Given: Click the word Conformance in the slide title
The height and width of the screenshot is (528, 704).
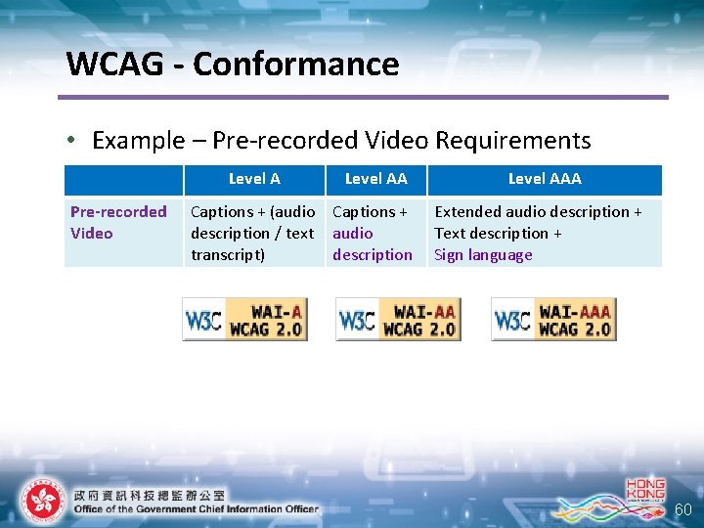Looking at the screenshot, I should tap(296, 65).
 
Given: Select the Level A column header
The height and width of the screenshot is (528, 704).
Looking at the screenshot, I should tap(254, 178).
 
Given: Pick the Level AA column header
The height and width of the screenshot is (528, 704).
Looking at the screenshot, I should tap(376, 178).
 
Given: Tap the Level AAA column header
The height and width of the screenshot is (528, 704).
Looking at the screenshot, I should tap(545, 178).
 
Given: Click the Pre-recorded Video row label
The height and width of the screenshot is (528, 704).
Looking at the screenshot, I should tap(118, 222).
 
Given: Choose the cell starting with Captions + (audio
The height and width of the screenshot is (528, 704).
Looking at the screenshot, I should tap(252, 233).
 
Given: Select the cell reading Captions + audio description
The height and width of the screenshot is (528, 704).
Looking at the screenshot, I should tap(373, 233).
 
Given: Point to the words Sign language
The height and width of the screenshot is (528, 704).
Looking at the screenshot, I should tap(483, 255).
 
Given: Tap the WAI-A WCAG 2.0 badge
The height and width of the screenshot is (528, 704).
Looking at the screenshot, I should tap(244, 319).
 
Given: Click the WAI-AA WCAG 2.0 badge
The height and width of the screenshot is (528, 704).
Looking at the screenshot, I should tap(398, 319).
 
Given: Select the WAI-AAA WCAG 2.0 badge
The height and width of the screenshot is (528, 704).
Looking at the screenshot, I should tap(553, 319).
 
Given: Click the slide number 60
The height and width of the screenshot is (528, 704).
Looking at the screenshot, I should tap(683, 509).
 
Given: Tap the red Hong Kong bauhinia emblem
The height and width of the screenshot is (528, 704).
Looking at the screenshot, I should tap(42, 501).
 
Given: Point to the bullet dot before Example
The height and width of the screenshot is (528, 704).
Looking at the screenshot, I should tap(73, 141).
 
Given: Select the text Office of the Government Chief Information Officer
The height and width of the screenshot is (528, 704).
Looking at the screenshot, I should tap(196, 508).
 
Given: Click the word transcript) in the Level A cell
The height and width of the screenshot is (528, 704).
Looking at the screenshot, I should tap(229, 255).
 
